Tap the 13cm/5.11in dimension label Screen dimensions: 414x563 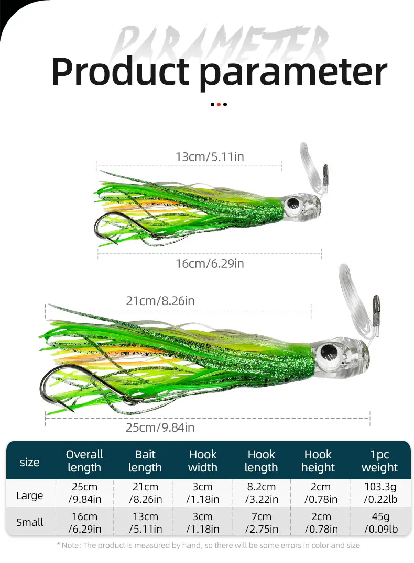tap(210, 157)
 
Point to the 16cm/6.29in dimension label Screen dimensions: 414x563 tap(210, 264)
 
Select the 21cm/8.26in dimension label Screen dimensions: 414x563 tap(160, 301)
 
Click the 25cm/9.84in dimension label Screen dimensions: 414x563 tap(160, 427)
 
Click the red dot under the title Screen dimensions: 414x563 tap(219, 105)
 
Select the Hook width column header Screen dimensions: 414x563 tap(202, 461)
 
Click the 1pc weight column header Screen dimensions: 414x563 tap(379, 461)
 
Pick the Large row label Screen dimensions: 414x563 tap(29, 496)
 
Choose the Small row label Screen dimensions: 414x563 tap(29, 522)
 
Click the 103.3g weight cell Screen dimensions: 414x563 tap(380, 493)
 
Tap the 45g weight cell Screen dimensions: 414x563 tap(381, 523)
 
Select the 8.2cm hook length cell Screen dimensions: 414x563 tap(262, 493)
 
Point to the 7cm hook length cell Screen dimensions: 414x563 tap(262, 523)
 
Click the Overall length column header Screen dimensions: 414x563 tap(84, 461)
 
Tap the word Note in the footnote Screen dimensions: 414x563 tap(71, 545)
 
